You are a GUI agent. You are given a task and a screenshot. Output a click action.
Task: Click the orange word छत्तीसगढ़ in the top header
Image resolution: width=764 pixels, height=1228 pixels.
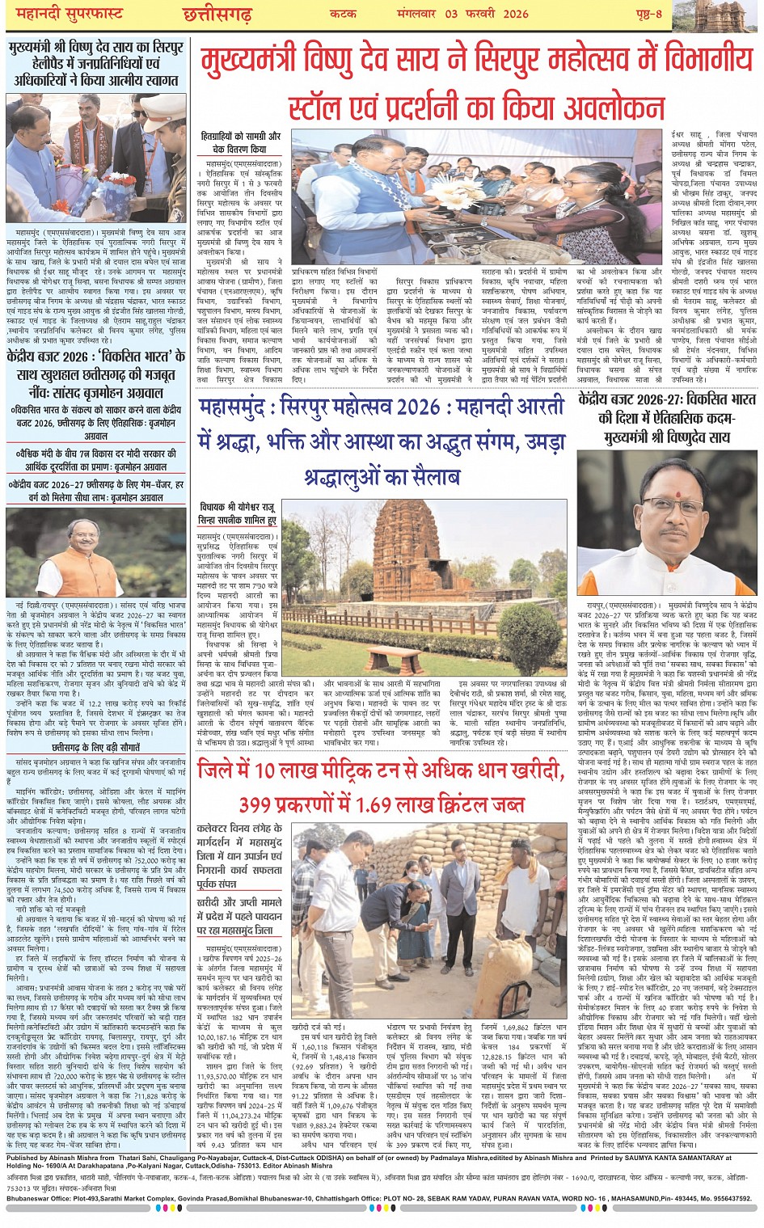217,13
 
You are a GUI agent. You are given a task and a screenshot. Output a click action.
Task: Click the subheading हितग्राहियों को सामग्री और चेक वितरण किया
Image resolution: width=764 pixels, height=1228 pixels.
240,143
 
